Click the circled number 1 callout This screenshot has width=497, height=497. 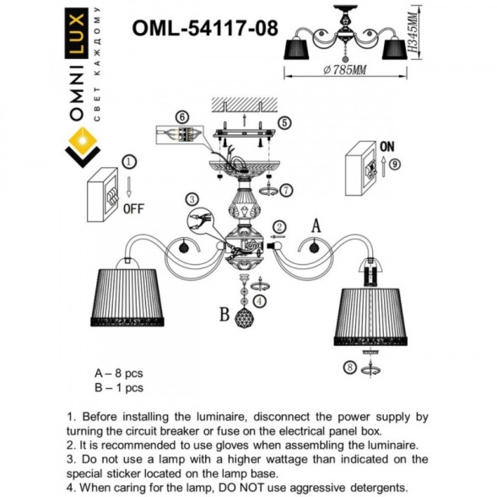(x=127, y=160)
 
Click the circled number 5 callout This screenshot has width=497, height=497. (x=284, y=123)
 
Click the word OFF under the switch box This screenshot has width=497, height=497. (x=135, y=208)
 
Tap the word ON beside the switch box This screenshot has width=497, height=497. (x=388, y=145)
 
